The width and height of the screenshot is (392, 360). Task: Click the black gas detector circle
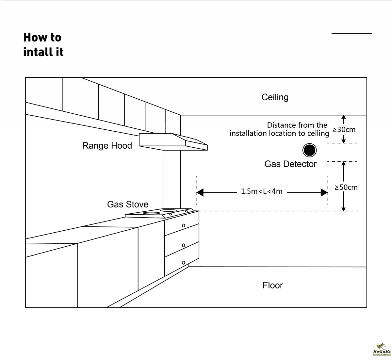point(309,150)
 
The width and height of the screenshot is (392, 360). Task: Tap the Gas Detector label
point(290,164)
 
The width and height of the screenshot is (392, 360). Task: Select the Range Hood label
point(107,146)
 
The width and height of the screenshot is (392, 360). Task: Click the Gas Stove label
point(128,205)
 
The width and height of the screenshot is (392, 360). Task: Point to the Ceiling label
point(275,97)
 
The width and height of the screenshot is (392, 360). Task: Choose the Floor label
point(272,286)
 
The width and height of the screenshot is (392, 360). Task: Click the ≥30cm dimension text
point(344,130)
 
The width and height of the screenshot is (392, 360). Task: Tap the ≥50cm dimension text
point(346,188)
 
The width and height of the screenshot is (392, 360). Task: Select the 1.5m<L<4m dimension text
point(262,191)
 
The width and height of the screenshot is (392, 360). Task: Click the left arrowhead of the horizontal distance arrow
point(200,192)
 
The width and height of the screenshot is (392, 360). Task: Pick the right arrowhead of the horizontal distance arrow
point(324,192)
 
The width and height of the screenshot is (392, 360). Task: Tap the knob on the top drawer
point(184,225)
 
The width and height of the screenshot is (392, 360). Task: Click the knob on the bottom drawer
point(184,263)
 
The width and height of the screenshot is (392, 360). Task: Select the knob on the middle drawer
point(184,245)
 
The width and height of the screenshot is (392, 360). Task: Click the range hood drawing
point(173,142)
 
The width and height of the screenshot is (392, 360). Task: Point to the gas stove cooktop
point(159,213)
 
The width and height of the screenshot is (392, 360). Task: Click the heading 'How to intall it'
point(43,45)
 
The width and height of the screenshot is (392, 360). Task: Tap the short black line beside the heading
point(351,33)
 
